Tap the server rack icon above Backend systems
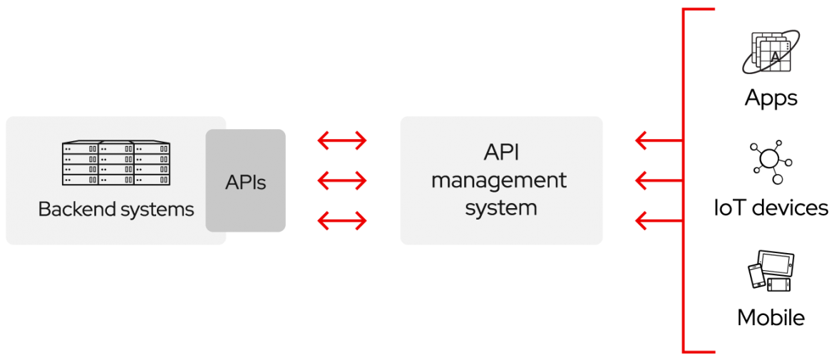(x=116, y=165)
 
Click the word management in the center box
(x=499, y=180)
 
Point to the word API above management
(x=501, y=153)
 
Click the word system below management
(x=501, y=208)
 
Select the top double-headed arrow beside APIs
(x=342, y=141)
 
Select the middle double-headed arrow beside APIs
(x=342, y=181)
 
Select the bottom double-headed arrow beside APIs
(x=342, y=222)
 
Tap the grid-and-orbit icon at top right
(x=771, y=52)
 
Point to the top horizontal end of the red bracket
(x=699, y=10)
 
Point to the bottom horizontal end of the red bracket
(x=699, y=351)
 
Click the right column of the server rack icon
(x=153, y=165)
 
